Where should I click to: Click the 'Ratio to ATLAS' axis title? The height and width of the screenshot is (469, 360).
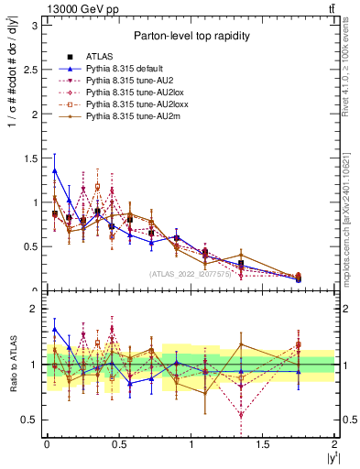(x=13, y=364)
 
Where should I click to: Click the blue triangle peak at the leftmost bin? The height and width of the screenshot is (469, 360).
(x=55, y=169)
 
